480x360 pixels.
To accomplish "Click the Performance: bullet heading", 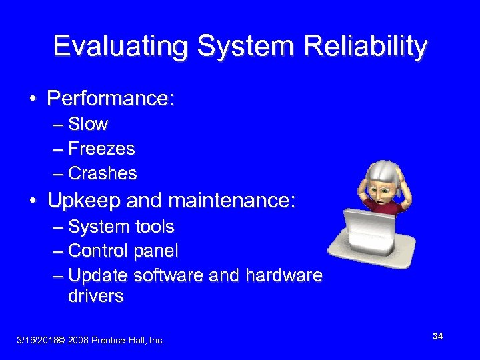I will point(111,99).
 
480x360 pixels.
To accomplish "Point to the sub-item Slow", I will point(88,124).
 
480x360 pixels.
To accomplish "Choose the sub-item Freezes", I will point(101,149).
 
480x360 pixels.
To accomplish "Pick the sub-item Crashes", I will point(103,173).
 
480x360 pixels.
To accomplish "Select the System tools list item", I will point(121,227).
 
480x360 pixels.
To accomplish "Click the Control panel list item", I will point(123,251).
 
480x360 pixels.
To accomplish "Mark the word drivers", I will point(96,296).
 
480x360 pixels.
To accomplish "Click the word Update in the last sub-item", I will point(98,275).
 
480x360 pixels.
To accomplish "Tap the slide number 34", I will point(438,336).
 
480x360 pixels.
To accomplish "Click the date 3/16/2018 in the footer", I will point(36,341).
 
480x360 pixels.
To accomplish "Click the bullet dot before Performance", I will point(32,100).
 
